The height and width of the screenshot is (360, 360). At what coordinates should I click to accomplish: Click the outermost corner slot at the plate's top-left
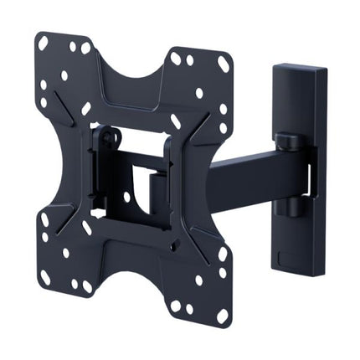[x=43, y=43]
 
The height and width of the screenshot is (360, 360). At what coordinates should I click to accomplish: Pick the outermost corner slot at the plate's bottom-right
[x=223, y=316]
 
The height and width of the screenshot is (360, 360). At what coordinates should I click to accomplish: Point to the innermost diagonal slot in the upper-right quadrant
[x=176, y=121]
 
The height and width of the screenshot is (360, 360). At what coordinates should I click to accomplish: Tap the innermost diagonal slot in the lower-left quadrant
[x=87, y=227]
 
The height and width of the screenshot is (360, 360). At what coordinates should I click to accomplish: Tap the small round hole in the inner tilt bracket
[x=126, y=197]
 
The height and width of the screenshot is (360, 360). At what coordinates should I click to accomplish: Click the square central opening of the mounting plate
[x=134, y=184]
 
